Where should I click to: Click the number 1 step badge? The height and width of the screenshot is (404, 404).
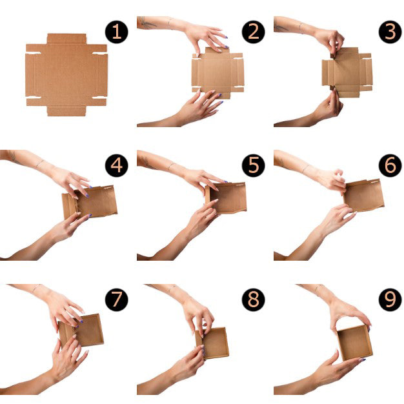pyautogui.click(x=116, y=32)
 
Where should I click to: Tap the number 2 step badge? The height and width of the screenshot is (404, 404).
pyautogui.click(x=253, y=32)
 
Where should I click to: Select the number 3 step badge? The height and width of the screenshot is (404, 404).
pyautogui.click(x=390, y=32)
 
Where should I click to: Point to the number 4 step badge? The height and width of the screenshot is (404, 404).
pyautogui.click(x=116, y=166)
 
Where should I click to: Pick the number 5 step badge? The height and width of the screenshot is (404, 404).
pyautogui.click(x=253, y=166)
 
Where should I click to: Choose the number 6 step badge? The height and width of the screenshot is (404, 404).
pyautogui.click(x=390, y=166)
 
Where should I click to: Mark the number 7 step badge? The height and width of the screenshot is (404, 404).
pyautogui.click(x=116, y=299)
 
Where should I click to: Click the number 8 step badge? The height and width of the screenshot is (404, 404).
pyautogui.click(x=253, y=299)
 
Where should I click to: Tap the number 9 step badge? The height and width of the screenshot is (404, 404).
pyautogui.click(x=390, y=299)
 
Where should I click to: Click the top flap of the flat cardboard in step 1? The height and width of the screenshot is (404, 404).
pyautogui.click(x=66, y=39)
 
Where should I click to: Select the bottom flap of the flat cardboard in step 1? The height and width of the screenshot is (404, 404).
pyautogui.click(x=66, y=111)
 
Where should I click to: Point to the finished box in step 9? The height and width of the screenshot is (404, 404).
pyautogui.click(x=354, y=343)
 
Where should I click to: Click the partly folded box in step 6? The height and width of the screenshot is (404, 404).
pyautogui.click(x=363, y=196)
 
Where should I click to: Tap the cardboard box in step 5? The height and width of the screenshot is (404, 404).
pyautogui.click(x=227, y=198)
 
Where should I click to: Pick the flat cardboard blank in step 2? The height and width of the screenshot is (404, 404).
pyautogui.click(x=217, y=73)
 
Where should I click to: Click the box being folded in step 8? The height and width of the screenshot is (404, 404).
pyautogui.click(x=212, y=343)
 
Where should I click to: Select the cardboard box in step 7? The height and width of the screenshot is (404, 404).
pyautogui.click(x=81, y=331)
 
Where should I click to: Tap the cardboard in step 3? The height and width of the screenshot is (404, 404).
pyautogui.click(x=347, y=72)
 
